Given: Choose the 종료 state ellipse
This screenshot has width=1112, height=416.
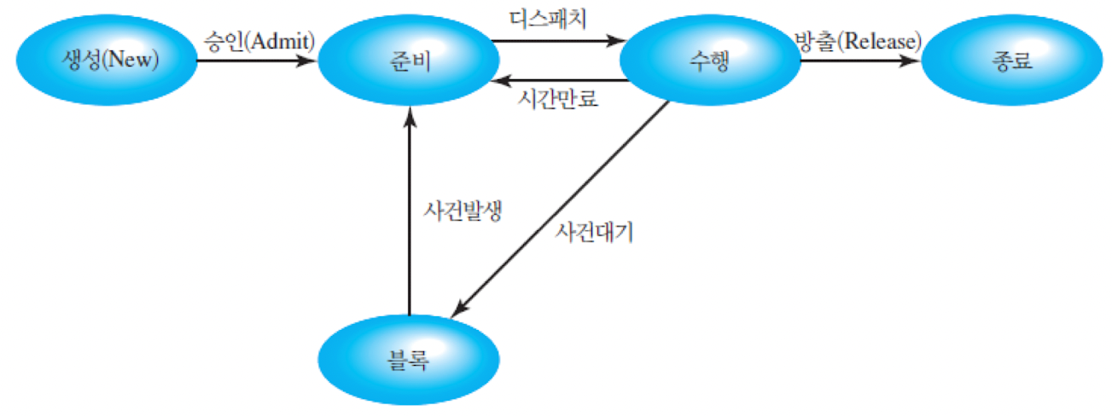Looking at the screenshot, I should coord(1012,61).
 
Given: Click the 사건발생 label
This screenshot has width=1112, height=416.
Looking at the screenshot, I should coord(461,210).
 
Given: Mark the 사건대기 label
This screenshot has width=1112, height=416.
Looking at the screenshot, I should coord(594,231).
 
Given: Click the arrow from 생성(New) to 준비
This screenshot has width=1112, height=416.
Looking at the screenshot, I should coord(256,61).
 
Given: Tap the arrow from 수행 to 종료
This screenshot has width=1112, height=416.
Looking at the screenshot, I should coord(858,61).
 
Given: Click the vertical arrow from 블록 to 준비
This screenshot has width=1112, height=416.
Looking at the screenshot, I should coord(410,213).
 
